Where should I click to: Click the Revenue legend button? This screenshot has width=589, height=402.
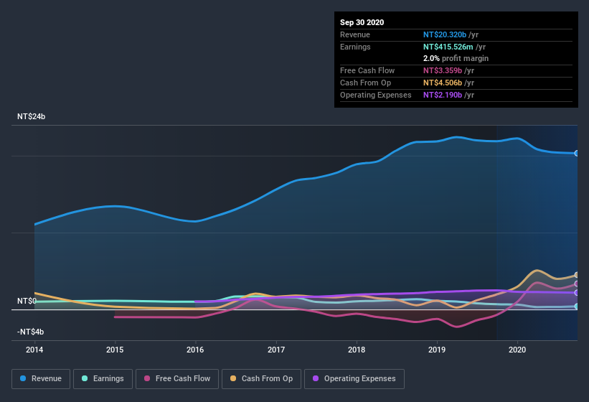click(41, 378)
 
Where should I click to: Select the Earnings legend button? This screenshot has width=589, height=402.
click(103, 378)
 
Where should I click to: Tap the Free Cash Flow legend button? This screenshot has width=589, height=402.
click(176, 378)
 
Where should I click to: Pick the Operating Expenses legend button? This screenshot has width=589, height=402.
click(354, 378)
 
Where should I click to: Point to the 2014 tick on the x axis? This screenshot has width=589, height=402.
click(34, 350)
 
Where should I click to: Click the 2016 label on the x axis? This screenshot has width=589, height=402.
click(195, 350)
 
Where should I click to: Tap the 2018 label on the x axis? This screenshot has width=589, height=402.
click(357, 350)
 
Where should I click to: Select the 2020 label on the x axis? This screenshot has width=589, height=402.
click(517, 350)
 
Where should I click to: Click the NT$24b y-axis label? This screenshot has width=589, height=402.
click(31, 116)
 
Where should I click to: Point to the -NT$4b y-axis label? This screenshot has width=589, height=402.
click(31, 332)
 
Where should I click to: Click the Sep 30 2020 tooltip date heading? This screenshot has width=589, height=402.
click(362, 22)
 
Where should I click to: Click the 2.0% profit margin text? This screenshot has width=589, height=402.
click(456, 58)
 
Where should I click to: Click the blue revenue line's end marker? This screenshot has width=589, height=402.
click(577, 153)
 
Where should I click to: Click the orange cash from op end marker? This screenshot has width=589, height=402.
click(577, 275)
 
